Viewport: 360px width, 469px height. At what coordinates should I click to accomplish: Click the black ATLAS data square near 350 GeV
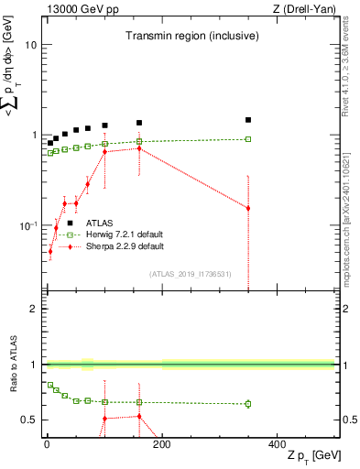click(248, 120)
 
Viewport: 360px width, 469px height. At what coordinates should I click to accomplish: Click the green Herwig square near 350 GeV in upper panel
click(248, 139)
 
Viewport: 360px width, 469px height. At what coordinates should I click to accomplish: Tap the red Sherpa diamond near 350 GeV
click(248, 208)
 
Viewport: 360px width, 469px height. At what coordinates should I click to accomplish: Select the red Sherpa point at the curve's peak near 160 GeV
click(139, 147)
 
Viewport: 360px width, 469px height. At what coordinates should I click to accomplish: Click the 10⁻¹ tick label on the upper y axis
click(27, 225)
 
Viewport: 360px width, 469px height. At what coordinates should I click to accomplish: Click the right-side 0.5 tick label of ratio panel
click(349, 420)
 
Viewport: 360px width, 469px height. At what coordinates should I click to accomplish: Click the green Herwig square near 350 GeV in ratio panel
click(248, 403)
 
